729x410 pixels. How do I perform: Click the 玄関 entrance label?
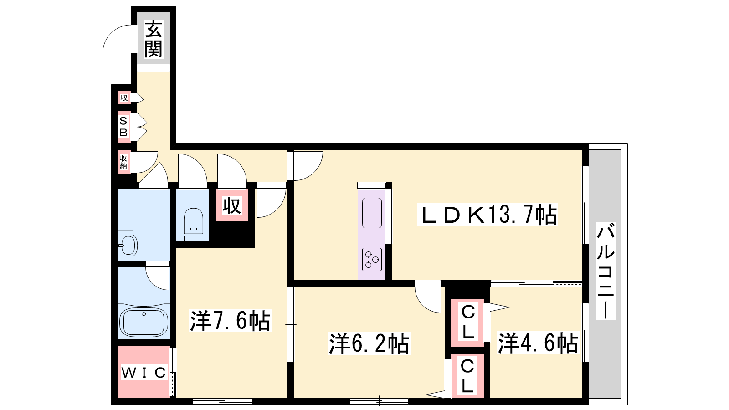tap(153, 39)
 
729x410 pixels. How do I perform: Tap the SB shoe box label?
tap(123, 127)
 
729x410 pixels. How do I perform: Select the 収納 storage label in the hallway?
tap(123, 162)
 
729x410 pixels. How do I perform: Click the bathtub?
tap(144, 322)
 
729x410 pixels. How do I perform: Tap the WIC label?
tap(144, 373)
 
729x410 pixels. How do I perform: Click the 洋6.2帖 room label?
tap(369, 343)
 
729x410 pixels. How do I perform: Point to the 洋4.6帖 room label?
tap(538, 343)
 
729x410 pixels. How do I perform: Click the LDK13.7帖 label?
tap(488, 215)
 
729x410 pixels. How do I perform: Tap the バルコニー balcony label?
tap(606, 271)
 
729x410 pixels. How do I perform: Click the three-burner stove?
tap(372, 259)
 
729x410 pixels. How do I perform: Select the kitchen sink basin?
tap(372, 213)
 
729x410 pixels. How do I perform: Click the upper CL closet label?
tap(467, 322)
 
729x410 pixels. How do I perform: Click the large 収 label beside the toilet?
tap(232, 205)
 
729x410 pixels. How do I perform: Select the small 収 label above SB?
tap(124, 97)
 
